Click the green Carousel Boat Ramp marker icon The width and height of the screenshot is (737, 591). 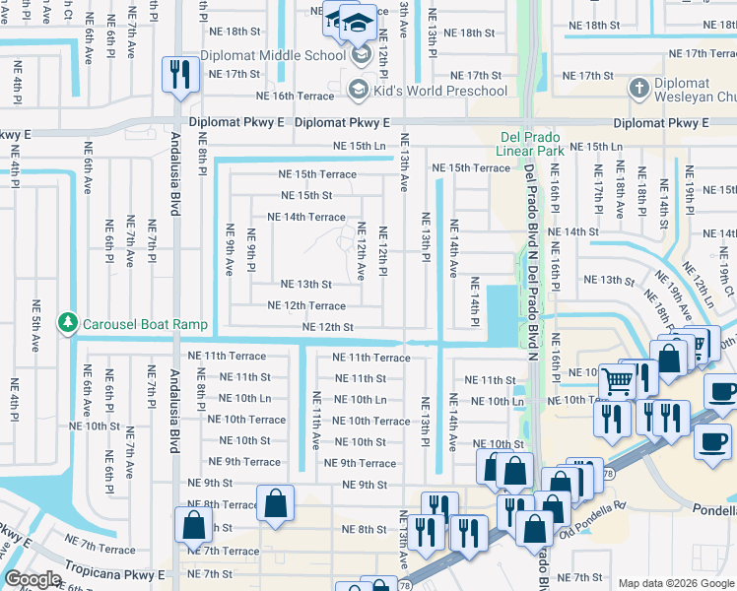pyautogui.click(x=67, y=323)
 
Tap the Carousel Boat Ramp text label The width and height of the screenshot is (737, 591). pyautogui.click(x=145, y=324)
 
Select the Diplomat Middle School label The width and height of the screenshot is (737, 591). pyautogui.click(x=273, y=55)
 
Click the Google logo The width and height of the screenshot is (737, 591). pyautogui.click(x=33, y=578)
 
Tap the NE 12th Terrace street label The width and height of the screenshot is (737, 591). pyautogui.click(x=306, y=305)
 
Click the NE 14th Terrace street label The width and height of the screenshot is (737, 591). pyautogui.click(x=306, y=217)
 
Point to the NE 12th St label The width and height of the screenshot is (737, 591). pyautogui.click(x=327, y=327)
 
